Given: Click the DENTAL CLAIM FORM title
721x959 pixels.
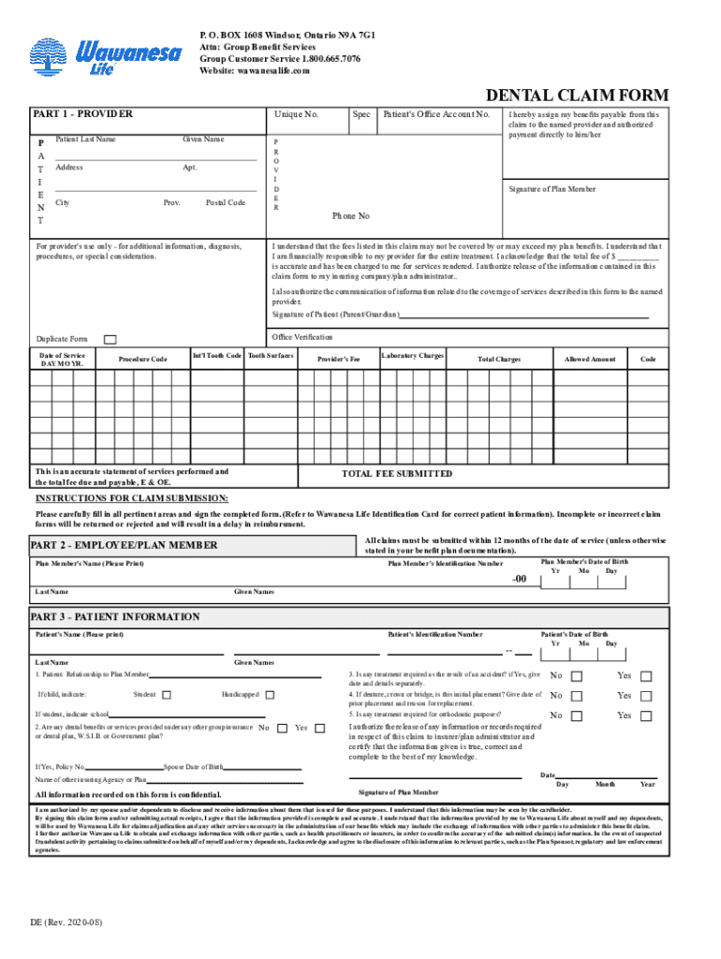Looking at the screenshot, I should click(576, 95).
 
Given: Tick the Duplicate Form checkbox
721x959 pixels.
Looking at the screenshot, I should click(110, 339).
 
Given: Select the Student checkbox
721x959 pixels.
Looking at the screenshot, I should click(167, 695).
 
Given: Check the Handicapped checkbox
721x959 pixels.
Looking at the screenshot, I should click(270, 695).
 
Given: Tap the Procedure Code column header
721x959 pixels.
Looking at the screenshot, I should click(143, 359).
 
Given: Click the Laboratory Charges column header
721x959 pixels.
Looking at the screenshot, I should click(412, 356).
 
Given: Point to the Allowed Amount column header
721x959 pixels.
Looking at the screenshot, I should click(590, 359).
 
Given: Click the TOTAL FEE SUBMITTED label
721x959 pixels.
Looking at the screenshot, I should click(397, 474).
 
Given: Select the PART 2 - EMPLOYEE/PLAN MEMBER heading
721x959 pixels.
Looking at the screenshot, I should click(125, 545).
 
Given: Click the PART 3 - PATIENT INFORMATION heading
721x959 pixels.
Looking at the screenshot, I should click(115, 616).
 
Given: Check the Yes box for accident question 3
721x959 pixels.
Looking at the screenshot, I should click(645, 676).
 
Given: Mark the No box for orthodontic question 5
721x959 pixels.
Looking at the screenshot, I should click(577, 716).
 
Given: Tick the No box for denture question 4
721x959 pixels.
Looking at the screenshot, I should click(577, 696).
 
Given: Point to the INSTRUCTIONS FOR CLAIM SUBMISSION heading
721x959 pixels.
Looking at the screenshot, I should click(131, 498).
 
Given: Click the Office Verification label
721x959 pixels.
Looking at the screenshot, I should click(302, 336).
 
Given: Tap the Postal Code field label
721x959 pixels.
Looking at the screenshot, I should click(226, 202).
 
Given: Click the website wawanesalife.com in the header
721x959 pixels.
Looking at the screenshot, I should click(254, 70).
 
